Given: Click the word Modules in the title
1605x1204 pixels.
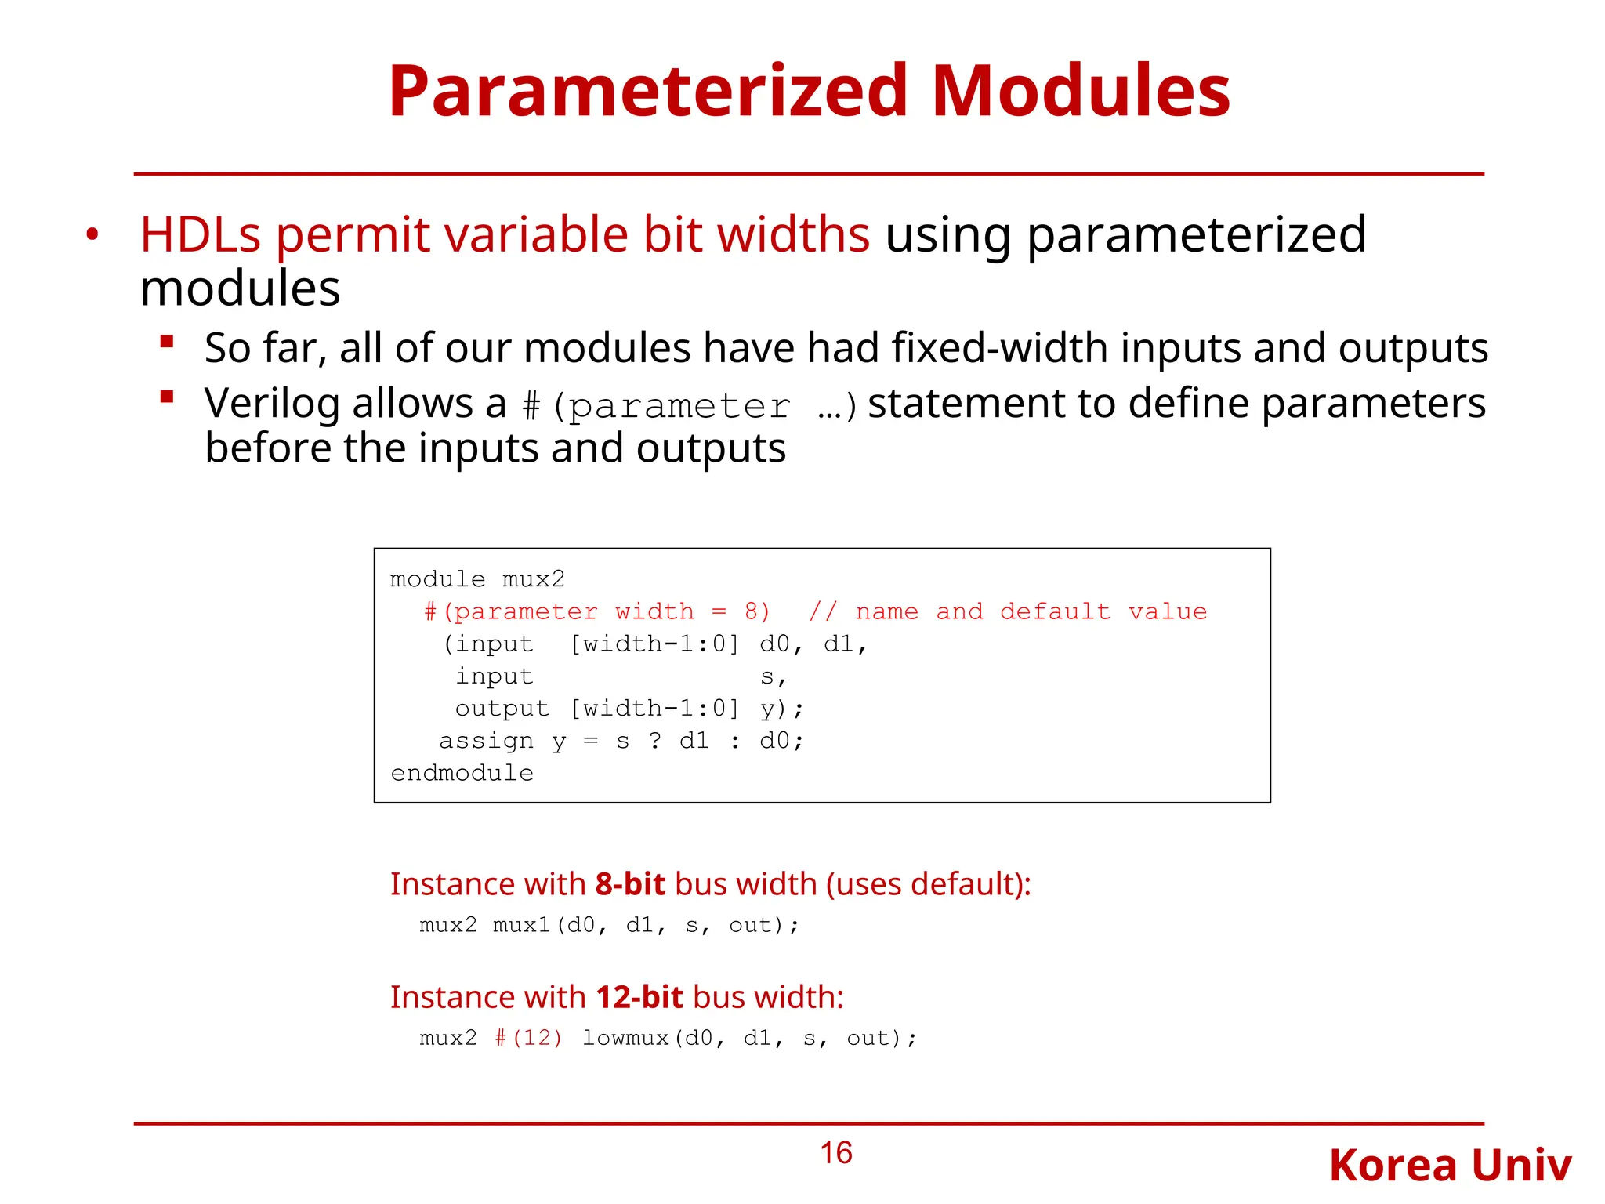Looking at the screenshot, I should [x=1081, y=92].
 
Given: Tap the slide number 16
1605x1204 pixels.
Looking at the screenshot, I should [x=835, y=1153].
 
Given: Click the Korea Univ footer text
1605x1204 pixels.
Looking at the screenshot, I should [x=1450, y=1166].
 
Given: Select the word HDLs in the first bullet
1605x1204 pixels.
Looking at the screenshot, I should [x=200, y=234].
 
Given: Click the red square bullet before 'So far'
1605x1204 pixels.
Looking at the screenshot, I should [x=167, y=342].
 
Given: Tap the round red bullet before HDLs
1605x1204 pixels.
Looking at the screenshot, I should [x=92, y=234].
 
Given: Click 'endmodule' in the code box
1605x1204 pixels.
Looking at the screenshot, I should [x=462, y=774].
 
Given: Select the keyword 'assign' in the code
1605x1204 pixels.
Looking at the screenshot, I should [x=486, y=741].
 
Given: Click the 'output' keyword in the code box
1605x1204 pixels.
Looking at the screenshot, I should [x=502, y=709].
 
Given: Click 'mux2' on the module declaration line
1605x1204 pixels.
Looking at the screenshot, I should [x=533, y=580].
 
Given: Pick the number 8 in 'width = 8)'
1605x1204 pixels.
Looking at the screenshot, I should [x=751, y=612].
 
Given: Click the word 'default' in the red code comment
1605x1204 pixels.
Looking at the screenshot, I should [x=1055, y=612].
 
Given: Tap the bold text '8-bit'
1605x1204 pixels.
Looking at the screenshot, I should [x=630, y=884].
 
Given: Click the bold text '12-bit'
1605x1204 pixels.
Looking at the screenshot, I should [x=639, y=997].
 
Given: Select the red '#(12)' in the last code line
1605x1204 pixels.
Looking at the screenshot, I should [x=528, y=1039].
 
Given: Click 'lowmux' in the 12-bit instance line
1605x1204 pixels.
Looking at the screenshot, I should [x=625, y=1039].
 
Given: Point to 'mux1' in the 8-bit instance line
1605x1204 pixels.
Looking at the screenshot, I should [x=522, y=926].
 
